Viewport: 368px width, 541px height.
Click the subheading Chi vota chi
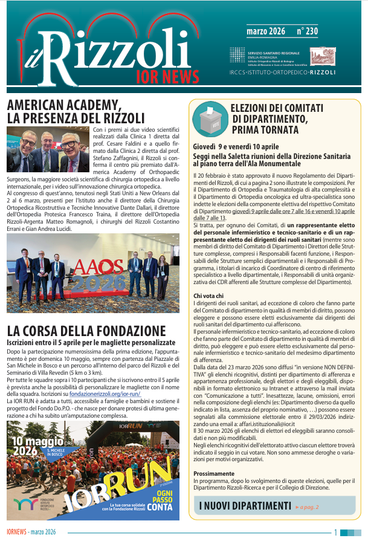tap(208, 295)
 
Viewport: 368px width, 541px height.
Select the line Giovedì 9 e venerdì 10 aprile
tap(244, 147)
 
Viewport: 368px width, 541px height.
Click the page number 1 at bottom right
tap(335, 531)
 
